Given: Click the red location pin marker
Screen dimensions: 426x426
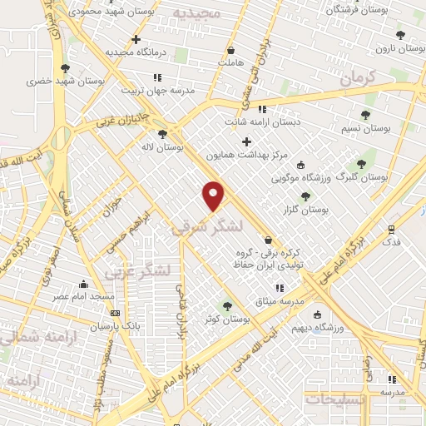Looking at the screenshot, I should pyautogui.click(x=214, y=195).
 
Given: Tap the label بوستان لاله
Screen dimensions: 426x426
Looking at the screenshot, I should pyautogui.click(x=162, y=147).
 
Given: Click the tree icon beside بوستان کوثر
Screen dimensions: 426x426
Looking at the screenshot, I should pyautogui.click(x=227, y=306).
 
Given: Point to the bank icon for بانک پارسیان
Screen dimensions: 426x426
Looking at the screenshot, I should pyautogui.click(x=115, y=314).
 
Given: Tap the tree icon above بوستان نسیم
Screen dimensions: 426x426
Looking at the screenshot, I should pyautogui.click(x=365, y=115).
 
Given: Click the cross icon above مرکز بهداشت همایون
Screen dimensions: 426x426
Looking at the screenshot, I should pyautogui.click(x=246, y=141).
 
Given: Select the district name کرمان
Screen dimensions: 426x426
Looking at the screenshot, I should pyautogui.click(x=359, y=77).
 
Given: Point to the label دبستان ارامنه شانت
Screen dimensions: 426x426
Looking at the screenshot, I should pyautogui.click(x=262, y=121).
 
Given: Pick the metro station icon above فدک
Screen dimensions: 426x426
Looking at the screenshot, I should pyautogui.click(x=390, y=228).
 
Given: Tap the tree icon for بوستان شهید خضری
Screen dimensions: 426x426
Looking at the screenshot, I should pyautogui.click(x=65, y=68).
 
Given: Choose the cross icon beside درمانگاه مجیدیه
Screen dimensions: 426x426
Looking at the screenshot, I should pyautogui.click(x=136, y=39).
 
